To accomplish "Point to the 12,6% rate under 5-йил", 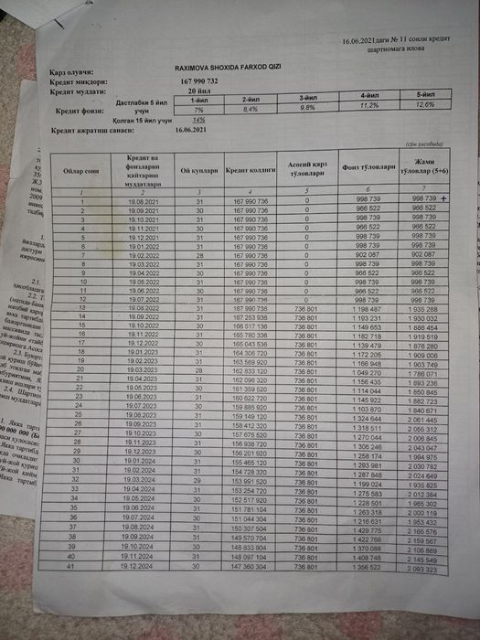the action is (427, 104).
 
